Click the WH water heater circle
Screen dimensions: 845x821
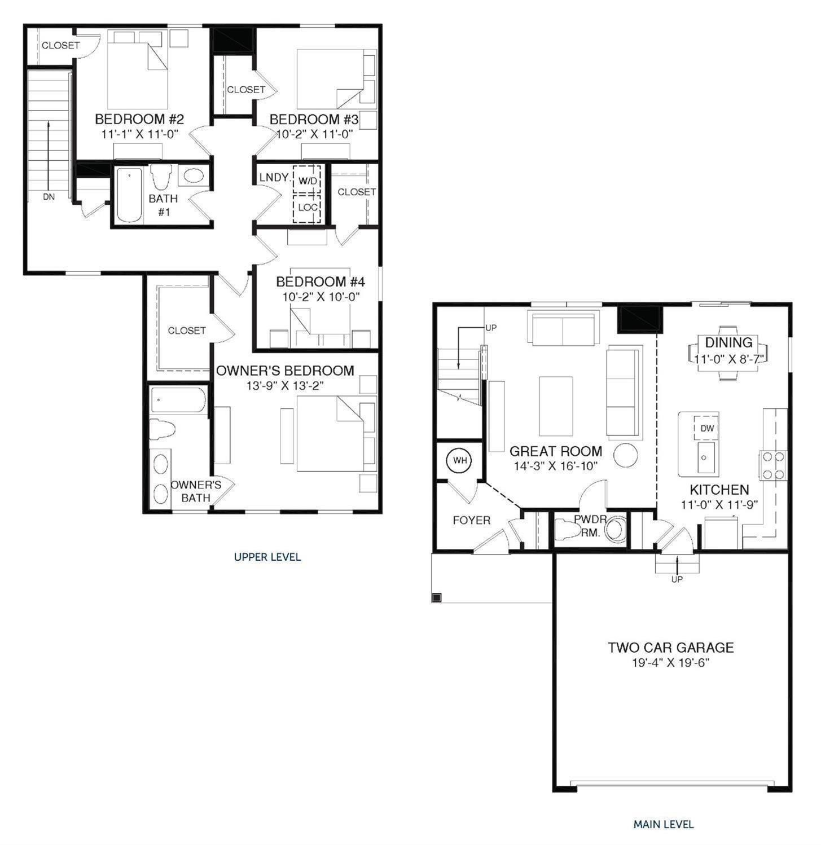point(460,460)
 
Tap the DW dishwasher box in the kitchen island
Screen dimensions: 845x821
point(707,428)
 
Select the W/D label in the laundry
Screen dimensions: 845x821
point(308,181)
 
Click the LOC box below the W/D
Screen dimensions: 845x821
point(308,208)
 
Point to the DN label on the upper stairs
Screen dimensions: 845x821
point(49,197)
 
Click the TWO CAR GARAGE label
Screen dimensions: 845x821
point(670,648)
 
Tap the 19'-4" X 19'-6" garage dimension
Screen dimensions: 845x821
point(670,663)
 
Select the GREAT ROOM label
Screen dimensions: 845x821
point(555,451)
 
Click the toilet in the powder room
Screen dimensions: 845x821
point(567,530)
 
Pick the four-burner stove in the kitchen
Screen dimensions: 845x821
point(773,465)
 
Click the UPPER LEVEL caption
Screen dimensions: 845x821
point(267,557)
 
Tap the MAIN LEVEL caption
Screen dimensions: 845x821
point(663,824)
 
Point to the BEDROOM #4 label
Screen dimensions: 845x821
point(320,281)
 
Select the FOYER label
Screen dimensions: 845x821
point(471,520)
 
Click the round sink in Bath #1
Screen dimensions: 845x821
point(194,176)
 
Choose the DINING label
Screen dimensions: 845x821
point(728,342)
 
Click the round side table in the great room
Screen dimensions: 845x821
point(625,455)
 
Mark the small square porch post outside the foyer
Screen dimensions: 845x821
point(437,597)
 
